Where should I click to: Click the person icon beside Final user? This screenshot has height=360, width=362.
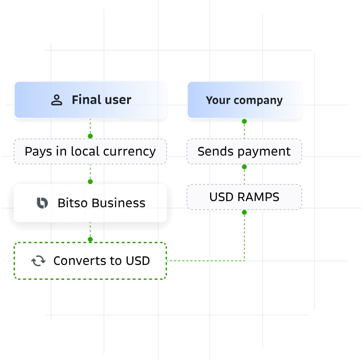(57, 100)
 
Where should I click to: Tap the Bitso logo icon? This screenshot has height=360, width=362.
(42, 203)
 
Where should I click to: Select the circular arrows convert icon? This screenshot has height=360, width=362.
(38, 261)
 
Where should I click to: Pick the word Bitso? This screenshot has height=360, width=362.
(71, 203)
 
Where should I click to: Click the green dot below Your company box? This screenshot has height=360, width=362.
(244, 121)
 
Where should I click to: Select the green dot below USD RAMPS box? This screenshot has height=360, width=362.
(244, 212)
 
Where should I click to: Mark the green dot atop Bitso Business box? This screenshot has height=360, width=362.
(90, 181)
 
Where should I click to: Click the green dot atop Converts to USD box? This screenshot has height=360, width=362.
(90, 239)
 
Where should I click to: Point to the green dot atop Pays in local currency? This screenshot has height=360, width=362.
(90, 136)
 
